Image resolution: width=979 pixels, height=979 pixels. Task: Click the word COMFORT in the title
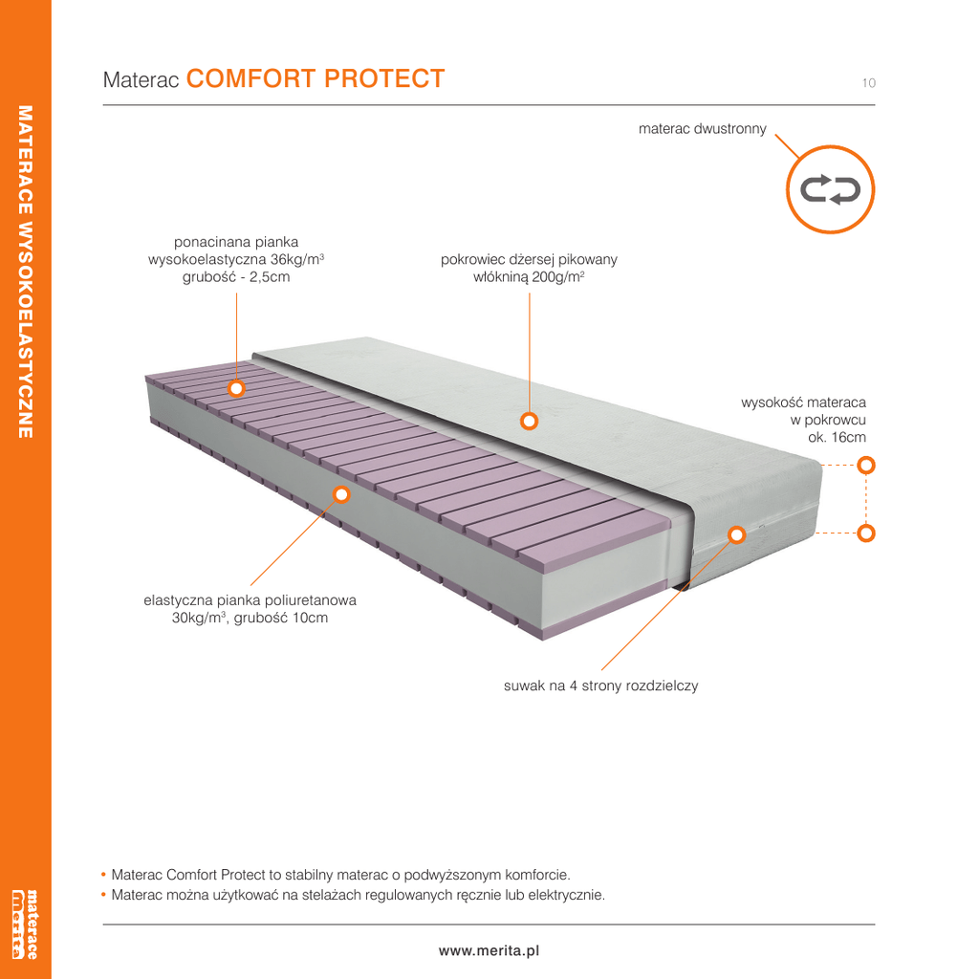click(251, 78)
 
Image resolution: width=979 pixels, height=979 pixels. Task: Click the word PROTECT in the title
click(384, 78)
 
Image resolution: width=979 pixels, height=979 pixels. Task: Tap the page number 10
click(868, 83)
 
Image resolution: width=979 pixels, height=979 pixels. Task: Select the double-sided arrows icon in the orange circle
click(831, 190)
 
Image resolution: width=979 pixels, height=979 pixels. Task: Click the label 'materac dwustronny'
click(703, 129)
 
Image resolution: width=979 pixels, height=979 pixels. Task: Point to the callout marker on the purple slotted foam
click(236, 388)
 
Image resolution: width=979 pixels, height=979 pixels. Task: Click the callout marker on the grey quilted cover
click(530, 422)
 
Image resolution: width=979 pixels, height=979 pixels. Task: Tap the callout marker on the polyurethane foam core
click(341, 494)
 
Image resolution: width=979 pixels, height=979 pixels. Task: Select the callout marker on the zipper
click(737, 535)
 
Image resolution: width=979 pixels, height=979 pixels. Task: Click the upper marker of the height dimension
click(866, 466)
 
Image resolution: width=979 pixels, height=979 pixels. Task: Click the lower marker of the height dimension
click(866, 533)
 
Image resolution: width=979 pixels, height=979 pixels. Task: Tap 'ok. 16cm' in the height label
click(837, 437)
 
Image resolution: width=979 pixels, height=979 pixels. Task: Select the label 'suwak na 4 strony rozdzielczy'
click(600, 685)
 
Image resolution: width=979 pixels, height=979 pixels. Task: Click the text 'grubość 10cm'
click(281, 619)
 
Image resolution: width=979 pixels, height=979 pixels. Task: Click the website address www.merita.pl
click(489, 951)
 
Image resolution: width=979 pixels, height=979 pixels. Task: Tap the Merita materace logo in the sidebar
click(25, 925)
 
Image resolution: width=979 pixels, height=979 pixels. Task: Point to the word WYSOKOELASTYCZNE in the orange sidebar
click(25, 328)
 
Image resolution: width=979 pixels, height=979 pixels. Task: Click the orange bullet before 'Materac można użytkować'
click(103, 895)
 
